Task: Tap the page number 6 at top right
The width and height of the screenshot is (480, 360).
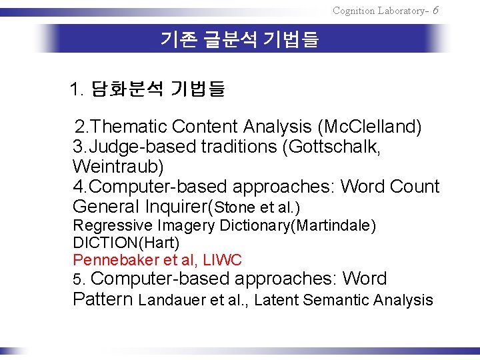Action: pos(435,10)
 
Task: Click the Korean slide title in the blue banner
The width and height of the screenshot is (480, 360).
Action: pos(239,40)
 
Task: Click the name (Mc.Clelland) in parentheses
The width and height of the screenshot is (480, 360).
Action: pos(369,126)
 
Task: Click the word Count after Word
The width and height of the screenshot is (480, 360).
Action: pos(413,186)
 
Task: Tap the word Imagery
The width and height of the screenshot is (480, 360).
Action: pos(179,226)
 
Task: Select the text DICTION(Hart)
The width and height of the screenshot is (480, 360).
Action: pos(126,243)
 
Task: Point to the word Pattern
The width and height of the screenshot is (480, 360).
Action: pos(103,299)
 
